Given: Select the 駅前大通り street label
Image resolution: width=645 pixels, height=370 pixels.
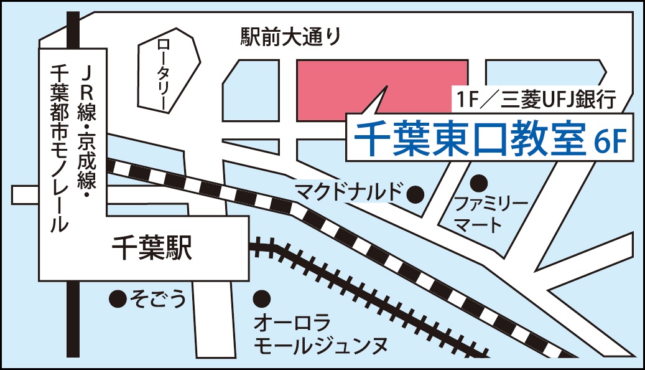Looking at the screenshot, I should click(291, 37).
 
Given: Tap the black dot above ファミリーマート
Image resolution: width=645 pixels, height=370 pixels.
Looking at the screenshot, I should click(478, 183).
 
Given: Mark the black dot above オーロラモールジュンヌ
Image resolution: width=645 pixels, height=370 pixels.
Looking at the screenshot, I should click(262, 299).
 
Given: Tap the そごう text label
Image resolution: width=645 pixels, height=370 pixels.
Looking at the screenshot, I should click(157, 300).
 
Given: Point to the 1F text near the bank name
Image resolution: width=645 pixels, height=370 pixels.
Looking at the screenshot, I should click(466, 98).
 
